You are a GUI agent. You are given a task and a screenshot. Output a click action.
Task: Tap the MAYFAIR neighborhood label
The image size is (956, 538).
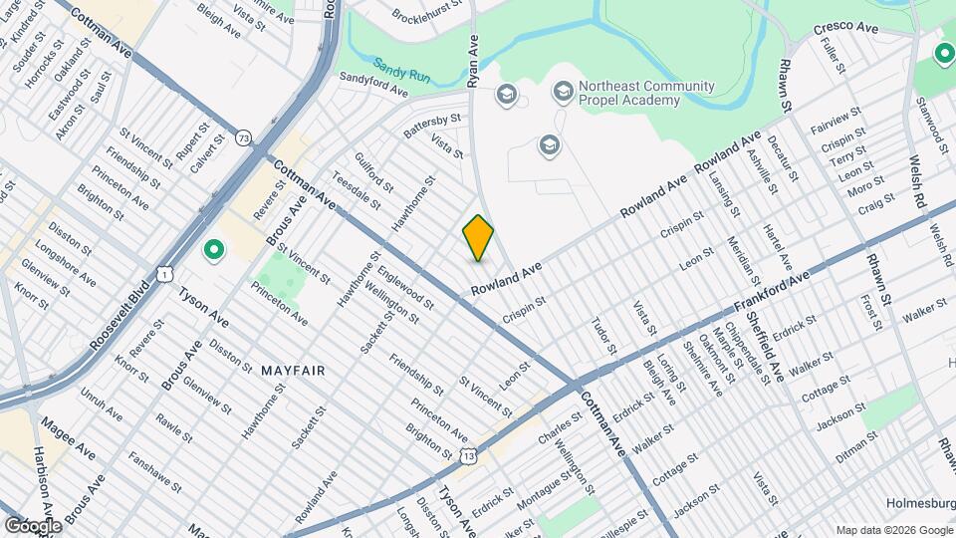click(x=294, y=371)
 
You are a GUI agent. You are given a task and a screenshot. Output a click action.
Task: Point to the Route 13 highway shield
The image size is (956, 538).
click(x=468, y=455)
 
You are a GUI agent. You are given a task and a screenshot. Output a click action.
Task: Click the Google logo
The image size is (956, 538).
click(x=32, y=525)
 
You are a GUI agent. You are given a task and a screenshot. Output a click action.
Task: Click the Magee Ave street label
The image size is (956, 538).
click(x=68, y=438)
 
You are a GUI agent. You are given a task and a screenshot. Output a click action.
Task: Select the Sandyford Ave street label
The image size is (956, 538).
click(x=373, y=84)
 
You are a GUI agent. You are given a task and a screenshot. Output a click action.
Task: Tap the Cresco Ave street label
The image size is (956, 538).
click(x=845, y=29)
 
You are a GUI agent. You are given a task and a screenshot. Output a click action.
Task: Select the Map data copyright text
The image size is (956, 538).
click(x=893, y=530)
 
